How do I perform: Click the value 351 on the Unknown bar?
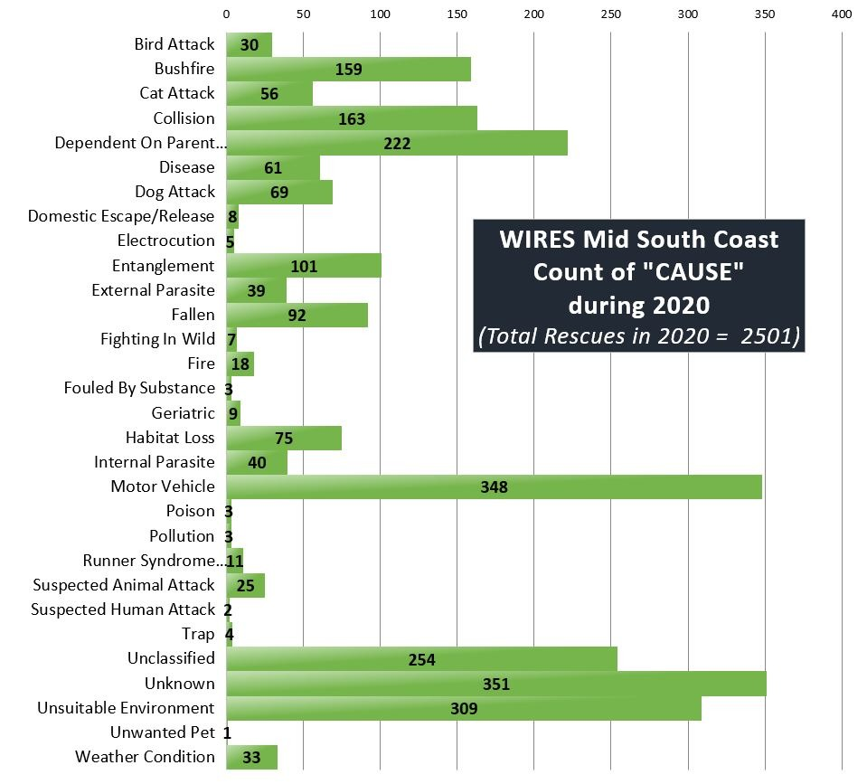tap(496, 685)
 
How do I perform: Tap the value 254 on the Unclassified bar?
tap(422, 660)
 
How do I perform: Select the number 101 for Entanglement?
tap(304, 267)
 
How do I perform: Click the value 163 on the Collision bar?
tap(352, 118)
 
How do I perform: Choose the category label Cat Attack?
tap(177, 93)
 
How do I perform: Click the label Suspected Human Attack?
tap(123, 609)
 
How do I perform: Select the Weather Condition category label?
tap(145, 757)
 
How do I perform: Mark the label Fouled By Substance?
tap(139, 388)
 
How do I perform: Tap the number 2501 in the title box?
tap(769, 336)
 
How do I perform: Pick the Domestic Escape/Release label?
tap(121, 216)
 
